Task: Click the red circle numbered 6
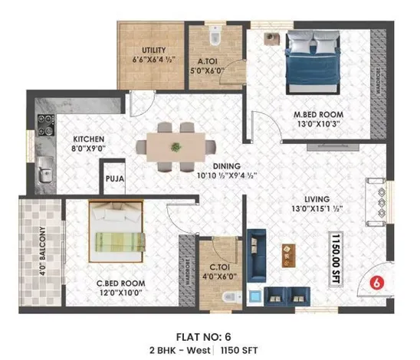pyautogui.click(x=376, y=282)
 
